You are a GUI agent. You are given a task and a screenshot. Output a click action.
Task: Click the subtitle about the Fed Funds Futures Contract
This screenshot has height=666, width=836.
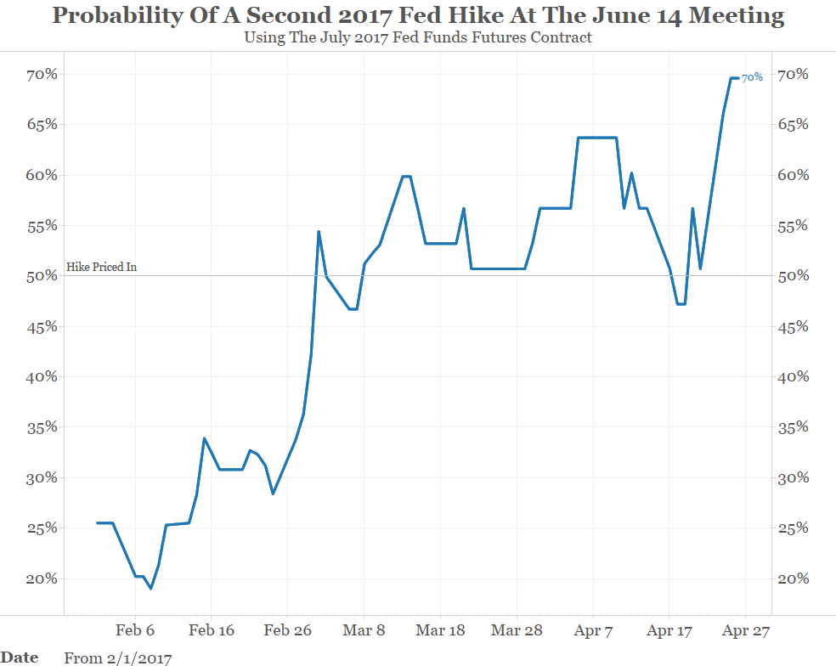417,37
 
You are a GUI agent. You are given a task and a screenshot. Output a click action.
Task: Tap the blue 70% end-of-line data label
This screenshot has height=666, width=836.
752,77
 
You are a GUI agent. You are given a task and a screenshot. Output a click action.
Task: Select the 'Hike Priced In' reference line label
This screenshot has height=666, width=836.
101,267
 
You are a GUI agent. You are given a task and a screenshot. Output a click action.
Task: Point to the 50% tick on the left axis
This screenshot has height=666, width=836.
40,276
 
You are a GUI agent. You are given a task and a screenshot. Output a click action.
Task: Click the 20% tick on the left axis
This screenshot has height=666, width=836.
40,579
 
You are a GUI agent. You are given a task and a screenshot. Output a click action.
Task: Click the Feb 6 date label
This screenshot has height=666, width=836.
134,631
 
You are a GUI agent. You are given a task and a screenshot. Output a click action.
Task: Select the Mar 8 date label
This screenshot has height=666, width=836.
364,631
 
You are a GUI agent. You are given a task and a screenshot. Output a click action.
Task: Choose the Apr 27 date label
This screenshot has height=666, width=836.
745,631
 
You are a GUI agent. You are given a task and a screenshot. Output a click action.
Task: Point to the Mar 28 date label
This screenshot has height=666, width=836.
517,631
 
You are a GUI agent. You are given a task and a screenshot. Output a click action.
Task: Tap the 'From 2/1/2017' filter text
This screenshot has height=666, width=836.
117,658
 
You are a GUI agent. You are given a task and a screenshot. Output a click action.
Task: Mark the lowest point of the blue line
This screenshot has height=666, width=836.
151,589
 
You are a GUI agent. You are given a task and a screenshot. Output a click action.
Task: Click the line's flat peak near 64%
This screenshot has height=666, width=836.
597,138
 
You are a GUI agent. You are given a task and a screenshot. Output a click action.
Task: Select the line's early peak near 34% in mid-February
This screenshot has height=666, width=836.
204,438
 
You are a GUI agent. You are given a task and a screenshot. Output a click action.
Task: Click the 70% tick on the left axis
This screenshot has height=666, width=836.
40,75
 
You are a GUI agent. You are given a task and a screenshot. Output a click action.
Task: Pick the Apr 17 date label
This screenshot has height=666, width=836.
669,631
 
